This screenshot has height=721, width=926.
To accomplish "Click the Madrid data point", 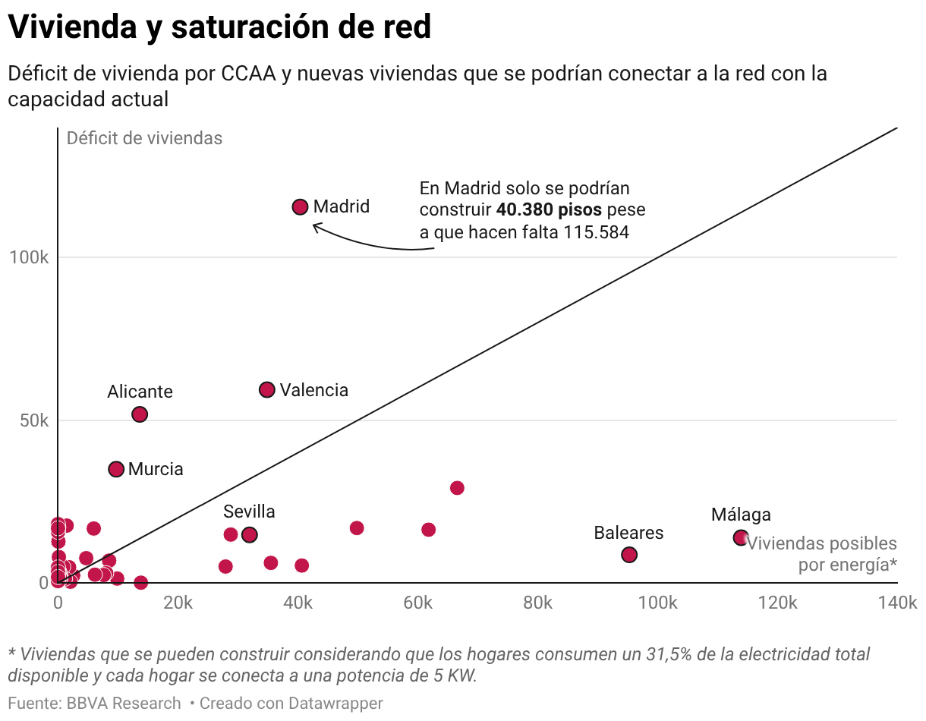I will (300, 206).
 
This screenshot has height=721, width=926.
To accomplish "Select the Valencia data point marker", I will (266, 389).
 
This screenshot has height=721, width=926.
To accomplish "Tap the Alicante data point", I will (140, 414).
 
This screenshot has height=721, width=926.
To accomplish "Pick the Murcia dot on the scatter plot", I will (116, 469).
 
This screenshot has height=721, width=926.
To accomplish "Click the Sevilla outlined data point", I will (250, 535).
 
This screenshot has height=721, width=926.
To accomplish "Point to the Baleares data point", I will (628, 555).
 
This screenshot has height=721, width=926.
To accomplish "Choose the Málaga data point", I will (741, 537).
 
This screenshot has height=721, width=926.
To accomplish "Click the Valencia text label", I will (313, 390).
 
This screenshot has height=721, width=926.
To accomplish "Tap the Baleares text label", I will (628, 533).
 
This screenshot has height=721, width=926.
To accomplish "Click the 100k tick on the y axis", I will (30, 258).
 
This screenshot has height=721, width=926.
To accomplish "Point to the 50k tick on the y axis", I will (33, 420).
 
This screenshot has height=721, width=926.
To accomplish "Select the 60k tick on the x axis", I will (417, 603).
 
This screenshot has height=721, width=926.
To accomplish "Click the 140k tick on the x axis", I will (897, 603).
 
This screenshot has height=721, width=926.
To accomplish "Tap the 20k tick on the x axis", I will (178, 603).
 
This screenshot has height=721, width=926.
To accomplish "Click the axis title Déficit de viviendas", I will (144, 138).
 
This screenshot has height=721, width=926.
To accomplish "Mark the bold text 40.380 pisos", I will (549, 210).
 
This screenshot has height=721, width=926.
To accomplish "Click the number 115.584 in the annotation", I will (596, 232).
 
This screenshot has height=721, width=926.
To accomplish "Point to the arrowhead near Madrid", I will (314, 225).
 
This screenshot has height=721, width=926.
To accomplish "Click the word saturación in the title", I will (244, 27).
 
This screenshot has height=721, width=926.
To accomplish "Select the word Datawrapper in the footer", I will (335, 704).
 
